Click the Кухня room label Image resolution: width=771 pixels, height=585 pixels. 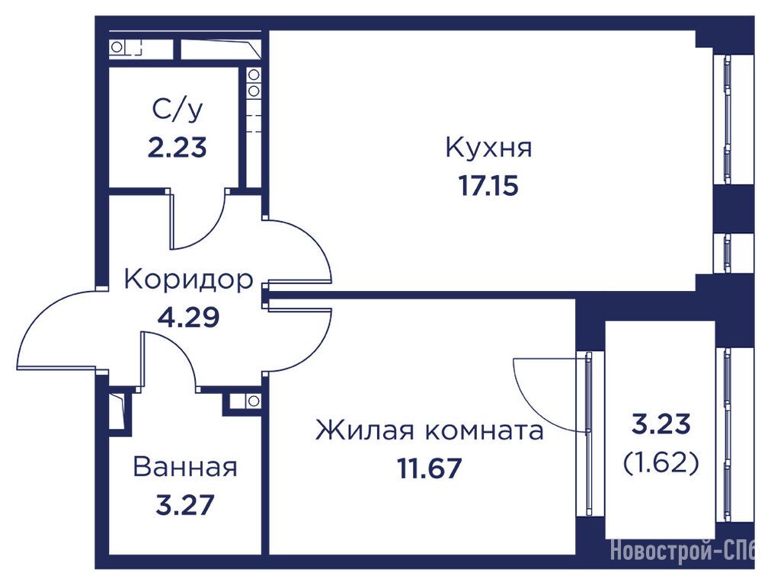pyautogui.click(x=489, y=148)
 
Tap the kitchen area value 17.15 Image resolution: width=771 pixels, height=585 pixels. pyautogui.click(x=488, y=186)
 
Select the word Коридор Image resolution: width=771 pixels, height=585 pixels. pyautogui.click(x=188, y=280)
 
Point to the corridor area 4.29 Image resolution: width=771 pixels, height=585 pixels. pyautogui.click(x=188, y=317)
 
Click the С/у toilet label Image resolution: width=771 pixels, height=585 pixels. pyautogui.click(x=177, y=110)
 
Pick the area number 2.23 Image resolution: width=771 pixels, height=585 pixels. pyautogui.click(x=177, y=148)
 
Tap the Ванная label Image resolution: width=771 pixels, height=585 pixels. pyautogui.click(x=185, y=467)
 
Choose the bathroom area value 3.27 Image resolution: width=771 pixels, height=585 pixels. pyautogui.click(x=185, y=505)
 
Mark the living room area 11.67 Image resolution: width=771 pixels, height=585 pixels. pyautogui.click(x=429, y=468)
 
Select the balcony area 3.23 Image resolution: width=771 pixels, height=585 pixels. pyautogui.click(x=661, y=424)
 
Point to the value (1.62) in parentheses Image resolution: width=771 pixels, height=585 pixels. pyautogui.click(x=661, y=462)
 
